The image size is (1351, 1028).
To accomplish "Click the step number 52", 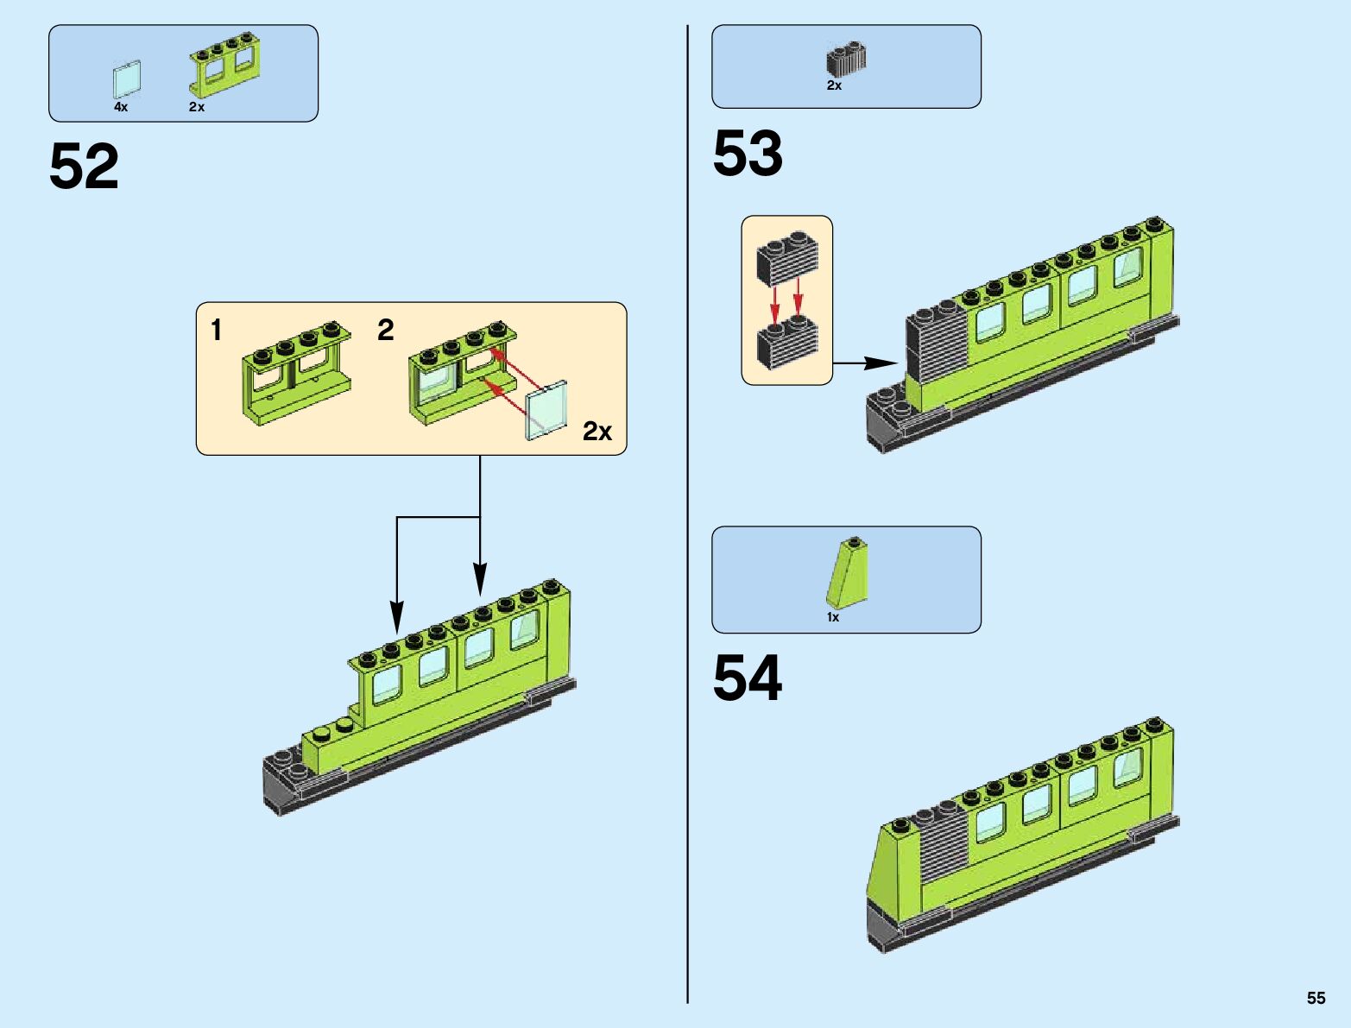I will (x=84, y=167).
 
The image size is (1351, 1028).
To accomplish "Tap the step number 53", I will (x=748, y=154).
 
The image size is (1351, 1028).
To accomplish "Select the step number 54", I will (x=748, y=678).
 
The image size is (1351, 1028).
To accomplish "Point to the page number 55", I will (x=1316, y=998).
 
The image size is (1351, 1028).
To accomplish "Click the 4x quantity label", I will (x=121, y=107).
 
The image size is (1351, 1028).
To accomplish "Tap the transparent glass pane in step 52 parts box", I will (x=126, y=79).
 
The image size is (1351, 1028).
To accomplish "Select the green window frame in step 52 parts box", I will (x=226, y=64).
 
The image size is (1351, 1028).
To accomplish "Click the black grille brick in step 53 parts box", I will (x=846, y=60).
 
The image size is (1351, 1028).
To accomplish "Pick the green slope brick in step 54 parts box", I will (x=847, y=573).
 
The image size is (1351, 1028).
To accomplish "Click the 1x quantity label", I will (x=833, y=617).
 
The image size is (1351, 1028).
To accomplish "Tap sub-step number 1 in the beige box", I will (x=217, y=330).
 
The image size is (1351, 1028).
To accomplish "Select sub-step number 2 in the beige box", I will (x=386, y=330).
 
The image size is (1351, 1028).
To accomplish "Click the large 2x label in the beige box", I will (x=597, y=431).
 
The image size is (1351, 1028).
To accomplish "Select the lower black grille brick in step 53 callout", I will (x=786, y=344).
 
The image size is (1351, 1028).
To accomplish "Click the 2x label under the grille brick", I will (x=834, y=85).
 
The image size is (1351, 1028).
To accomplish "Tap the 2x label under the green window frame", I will (x=197, y=107).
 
